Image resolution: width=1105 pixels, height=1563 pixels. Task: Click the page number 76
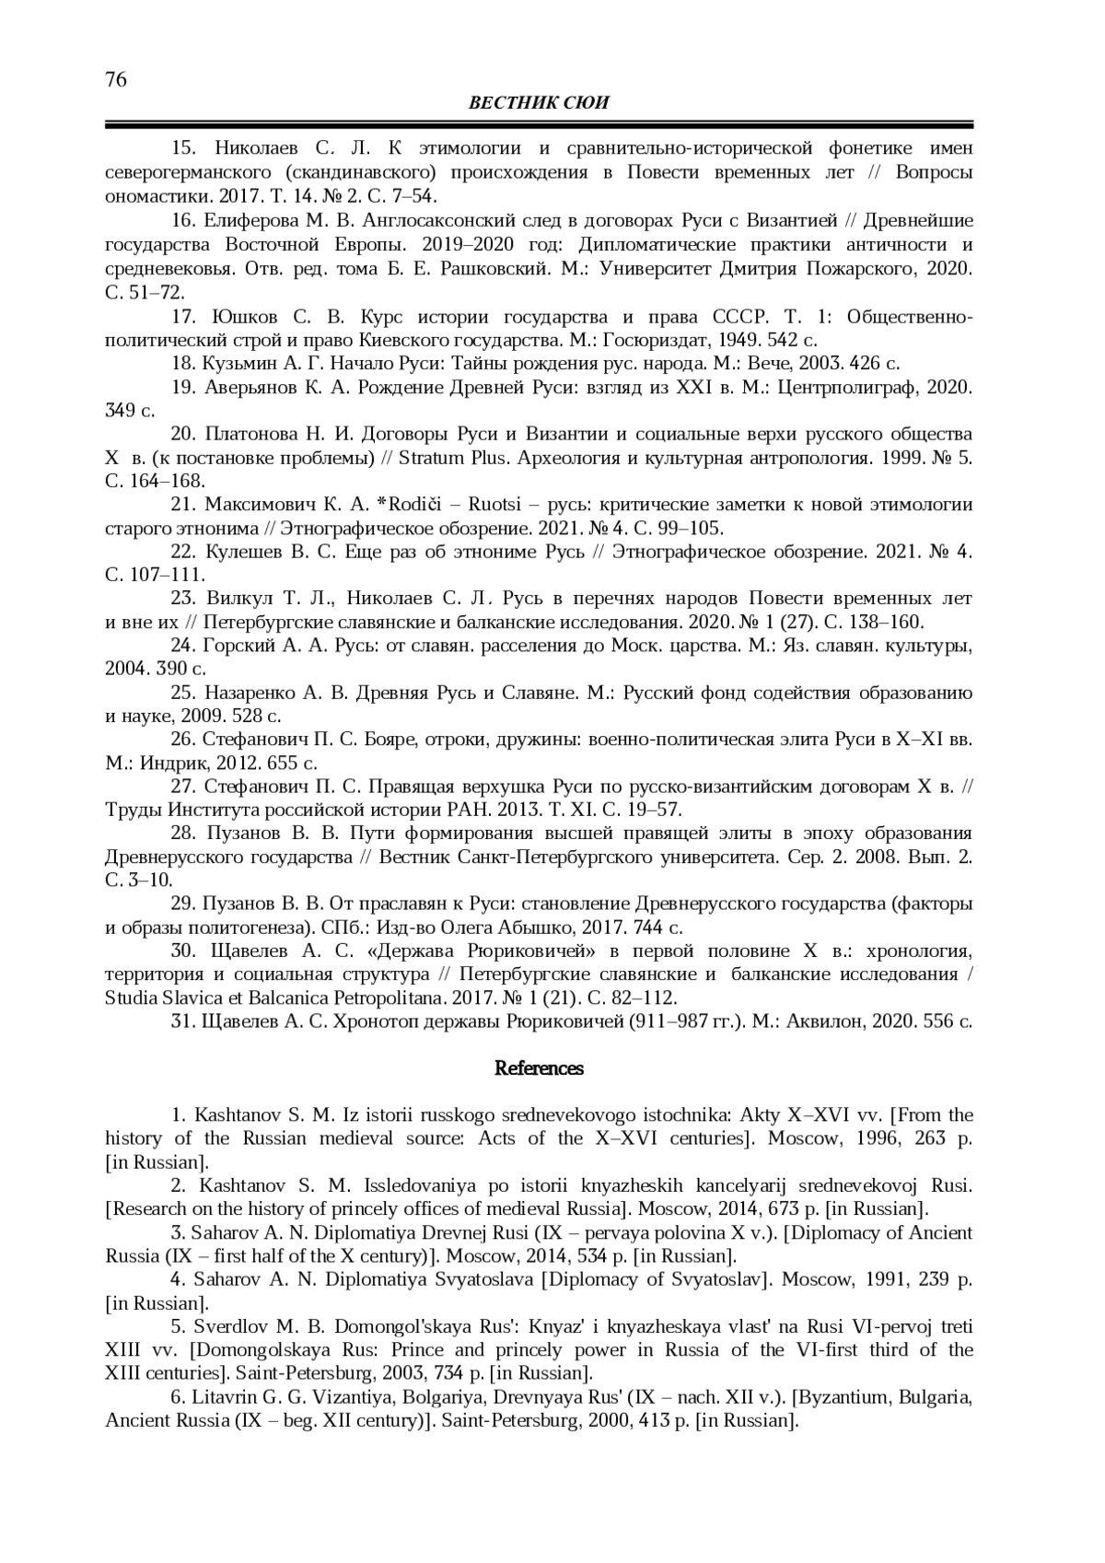tap(116, 79)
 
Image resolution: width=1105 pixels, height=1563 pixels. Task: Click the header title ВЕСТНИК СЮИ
tap(539, 103)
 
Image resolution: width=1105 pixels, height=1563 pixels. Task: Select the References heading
tap(539, 1068)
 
